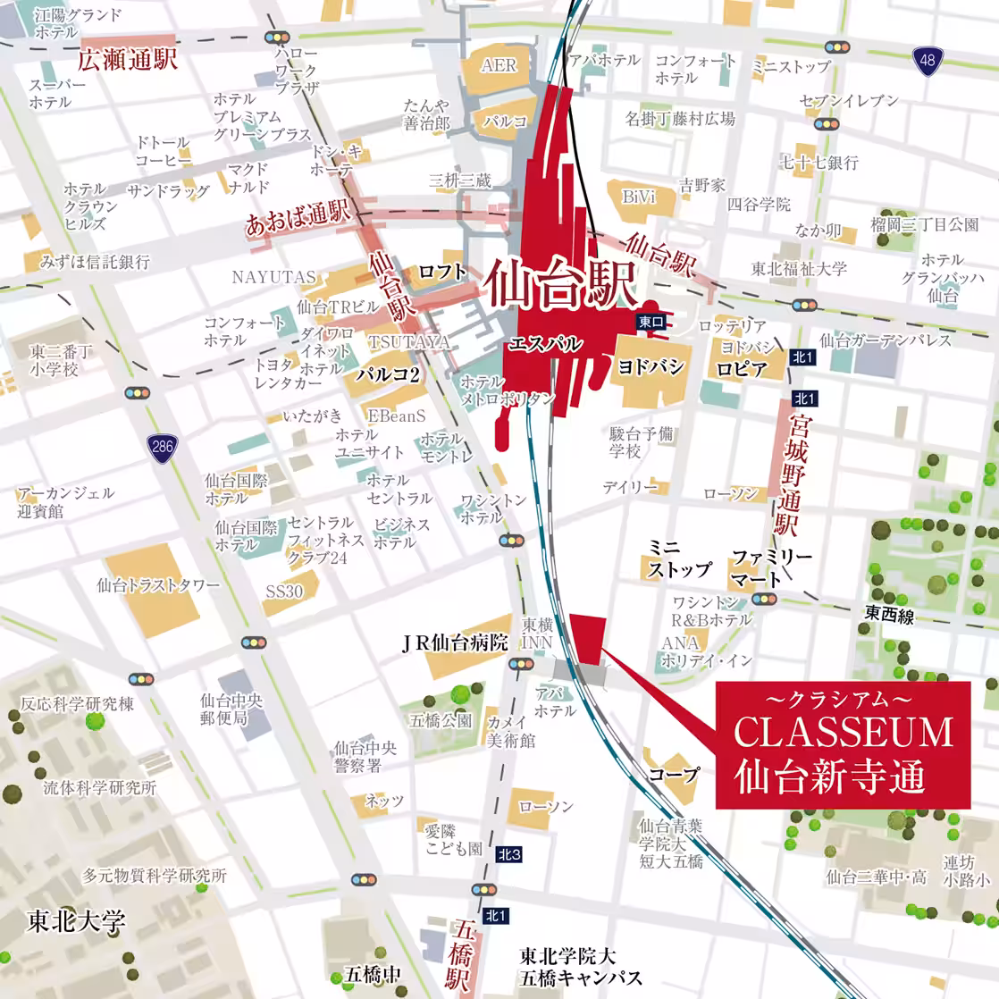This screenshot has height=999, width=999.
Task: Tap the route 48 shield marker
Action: [x=928, y=61]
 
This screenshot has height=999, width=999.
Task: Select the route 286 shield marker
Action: [x=162, y=447]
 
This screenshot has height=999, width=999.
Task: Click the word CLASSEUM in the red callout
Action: [x=844, y=733]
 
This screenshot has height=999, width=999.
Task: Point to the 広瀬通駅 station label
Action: [x=127, y=60]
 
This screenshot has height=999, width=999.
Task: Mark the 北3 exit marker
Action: [x=509, y=854]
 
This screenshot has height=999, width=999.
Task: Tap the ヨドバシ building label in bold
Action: [x=651, y=366]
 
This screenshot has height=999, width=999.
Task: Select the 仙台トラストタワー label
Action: [x=158, y=585]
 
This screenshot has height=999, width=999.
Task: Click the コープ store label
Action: [x=674, y=774]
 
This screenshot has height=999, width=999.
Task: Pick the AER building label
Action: [x=499, y=64]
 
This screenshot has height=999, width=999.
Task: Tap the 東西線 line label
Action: [x=889, y=614]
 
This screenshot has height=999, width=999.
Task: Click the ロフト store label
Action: [x=442, y=271]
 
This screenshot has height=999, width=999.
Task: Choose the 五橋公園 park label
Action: [x=441, y=719]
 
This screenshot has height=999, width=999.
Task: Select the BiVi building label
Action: [x=639, y=196]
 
